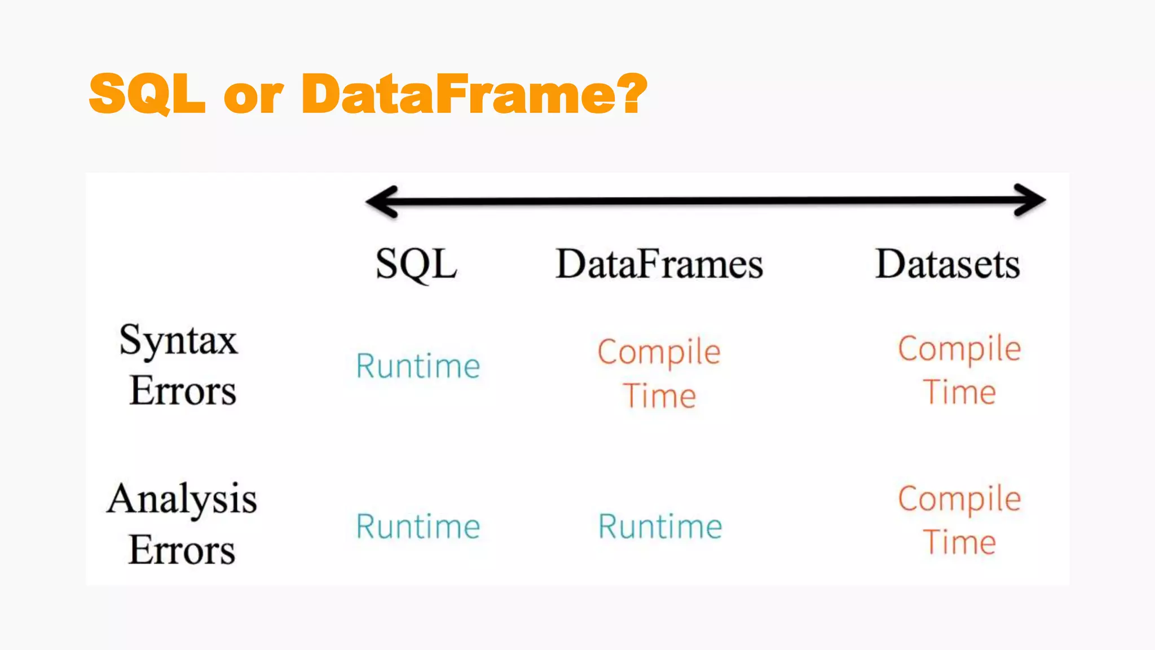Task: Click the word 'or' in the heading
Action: [253, 97]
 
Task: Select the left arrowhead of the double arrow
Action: [382, 201]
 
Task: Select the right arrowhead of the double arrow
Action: [1030, 200]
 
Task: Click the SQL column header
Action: [416, 264]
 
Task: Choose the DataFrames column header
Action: [659, 264]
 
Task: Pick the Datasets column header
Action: [947, 264]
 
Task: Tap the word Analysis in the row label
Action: [182, 499]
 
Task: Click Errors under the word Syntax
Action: [183, 390]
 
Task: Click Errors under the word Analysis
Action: [182, 550]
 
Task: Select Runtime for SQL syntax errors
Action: [418, 366]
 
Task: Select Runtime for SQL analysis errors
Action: [418, 526]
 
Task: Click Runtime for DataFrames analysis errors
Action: [660, 526]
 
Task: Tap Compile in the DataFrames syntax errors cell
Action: [659, 353]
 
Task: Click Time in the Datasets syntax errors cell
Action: [959, 392]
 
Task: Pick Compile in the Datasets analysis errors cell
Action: [959, 499]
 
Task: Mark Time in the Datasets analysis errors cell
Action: [959, 543]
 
